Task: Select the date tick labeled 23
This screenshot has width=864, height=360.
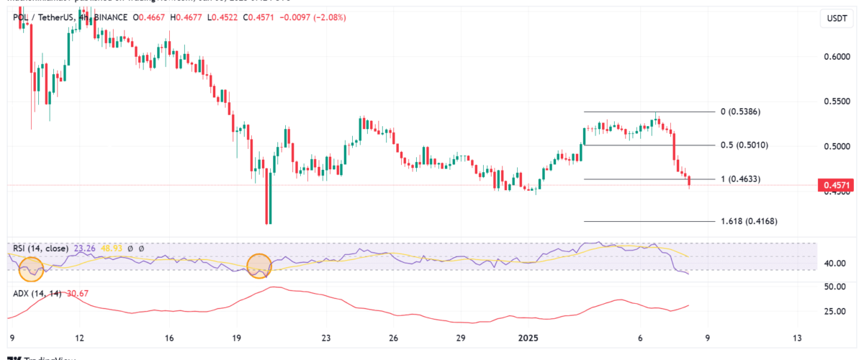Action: click(326, 338)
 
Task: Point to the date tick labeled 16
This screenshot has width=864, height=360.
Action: click(169, 338)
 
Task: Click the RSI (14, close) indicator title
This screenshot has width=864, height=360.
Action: click(40, 248)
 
